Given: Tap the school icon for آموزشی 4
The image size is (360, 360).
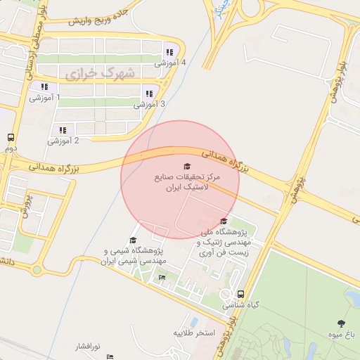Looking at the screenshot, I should coord(169,52).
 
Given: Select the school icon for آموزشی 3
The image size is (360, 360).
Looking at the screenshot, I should coord(148,94).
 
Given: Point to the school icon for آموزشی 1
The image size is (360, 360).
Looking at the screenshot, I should coord(44,87).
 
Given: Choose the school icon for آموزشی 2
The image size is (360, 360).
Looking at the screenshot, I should coord(63,130).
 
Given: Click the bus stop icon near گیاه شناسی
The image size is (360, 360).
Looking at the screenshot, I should coord(241,295).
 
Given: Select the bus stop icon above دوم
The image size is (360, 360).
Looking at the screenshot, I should coord(11,138).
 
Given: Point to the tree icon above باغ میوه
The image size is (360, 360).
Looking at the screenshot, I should coord(341,324).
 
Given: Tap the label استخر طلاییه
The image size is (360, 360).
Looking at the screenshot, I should coord(193,332).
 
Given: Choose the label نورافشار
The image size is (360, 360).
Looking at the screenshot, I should coord(89,347).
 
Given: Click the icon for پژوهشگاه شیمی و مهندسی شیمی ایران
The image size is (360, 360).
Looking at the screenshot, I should coord(133,240).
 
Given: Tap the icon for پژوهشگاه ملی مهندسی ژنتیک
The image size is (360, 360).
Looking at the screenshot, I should coord(224,221).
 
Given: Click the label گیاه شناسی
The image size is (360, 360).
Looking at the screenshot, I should coord(241,306).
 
